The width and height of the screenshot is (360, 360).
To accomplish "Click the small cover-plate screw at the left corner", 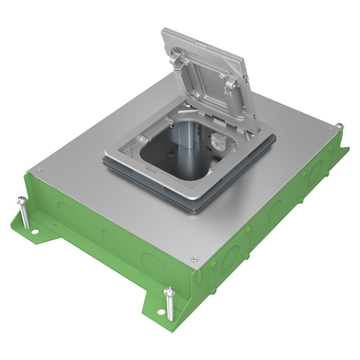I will pos(39,170).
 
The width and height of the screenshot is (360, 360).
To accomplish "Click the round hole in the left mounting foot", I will pos(35,232).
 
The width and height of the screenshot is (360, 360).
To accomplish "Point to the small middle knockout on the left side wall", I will pos(109,238).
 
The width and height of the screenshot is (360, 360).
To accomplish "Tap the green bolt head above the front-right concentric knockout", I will pos(249,230).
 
